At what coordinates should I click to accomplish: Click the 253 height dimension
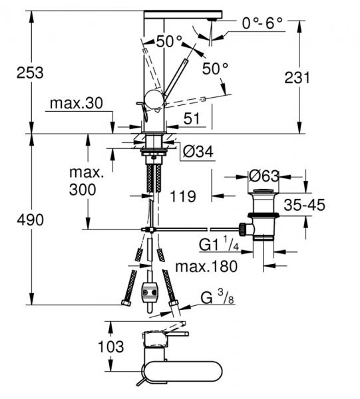(30, 72)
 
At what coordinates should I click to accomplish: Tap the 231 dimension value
(297, 78)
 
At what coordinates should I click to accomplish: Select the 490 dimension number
(31, 220)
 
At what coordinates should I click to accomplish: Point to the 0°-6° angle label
(262, 23)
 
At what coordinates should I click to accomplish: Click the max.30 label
(77, 103)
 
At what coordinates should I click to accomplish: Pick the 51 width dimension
(192, 118)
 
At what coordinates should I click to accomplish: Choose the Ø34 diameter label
(198, 152)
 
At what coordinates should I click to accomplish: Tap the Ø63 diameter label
(264, 176)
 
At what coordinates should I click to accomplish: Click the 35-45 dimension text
(305, 205)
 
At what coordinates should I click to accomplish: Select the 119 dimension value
(183, 196)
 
